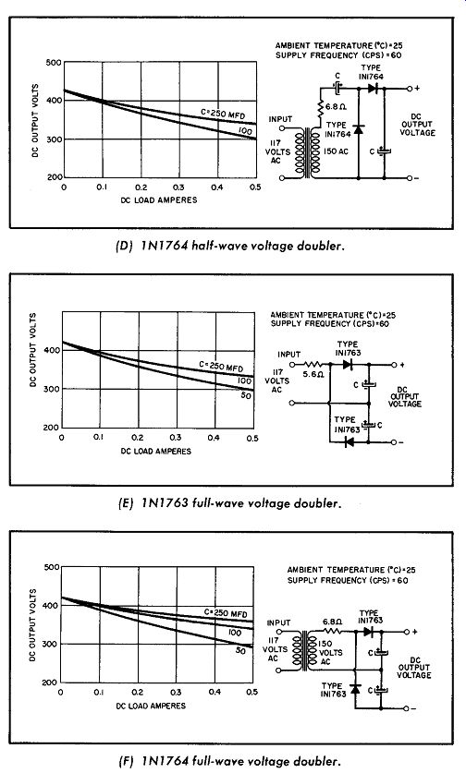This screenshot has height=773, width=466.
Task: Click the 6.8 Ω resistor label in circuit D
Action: click(335, 106)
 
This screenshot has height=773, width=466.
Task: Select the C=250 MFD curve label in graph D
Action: click(223, 114)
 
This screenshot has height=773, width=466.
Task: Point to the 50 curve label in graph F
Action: click(240, 651)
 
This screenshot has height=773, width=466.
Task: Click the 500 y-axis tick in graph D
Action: click(54, 63)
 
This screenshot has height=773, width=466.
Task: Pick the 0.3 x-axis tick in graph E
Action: click(176, 437)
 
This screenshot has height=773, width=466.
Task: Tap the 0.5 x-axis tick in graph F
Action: click(251, 692)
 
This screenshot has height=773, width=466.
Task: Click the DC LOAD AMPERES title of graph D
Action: click(159, 200)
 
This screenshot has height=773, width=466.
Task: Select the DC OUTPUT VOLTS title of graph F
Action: click(33, 624)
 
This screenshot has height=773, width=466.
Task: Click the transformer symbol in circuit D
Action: click(307, 152)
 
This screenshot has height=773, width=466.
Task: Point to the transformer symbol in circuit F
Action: click(305, 651)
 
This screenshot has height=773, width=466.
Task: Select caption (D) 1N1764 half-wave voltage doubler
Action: click(229, 246)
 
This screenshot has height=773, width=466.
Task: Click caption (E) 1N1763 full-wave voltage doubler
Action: click(230, 503)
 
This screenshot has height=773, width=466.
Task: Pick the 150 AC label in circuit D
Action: click(336, 151)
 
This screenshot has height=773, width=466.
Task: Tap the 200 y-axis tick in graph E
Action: click(50, 428)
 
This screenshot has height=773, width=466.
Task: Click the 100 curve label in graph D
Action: click(245, 131)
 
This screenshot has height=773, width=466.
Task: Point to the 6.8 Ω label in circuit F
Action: click(332, 622)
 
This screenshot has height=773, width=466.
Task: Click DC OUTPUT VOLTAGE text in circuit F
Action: click(414, 668)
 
